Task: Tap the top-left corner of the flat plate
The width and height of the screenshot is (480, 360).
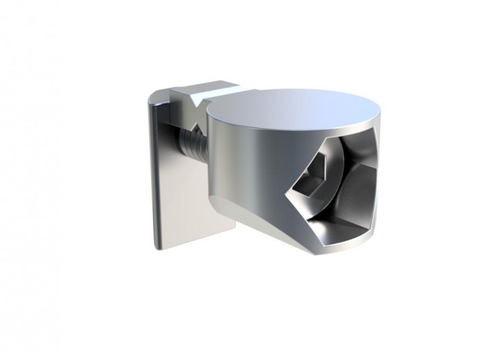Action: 152,96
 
